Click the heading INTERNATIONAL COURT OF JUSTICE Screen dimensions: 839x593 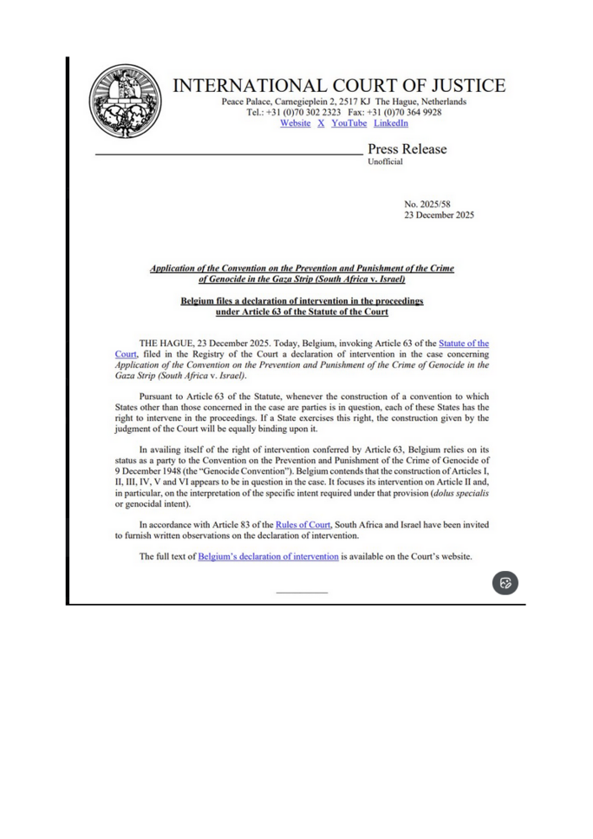click(342, 87)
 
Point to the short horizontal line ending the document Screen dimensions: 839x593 click(302, 593)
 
